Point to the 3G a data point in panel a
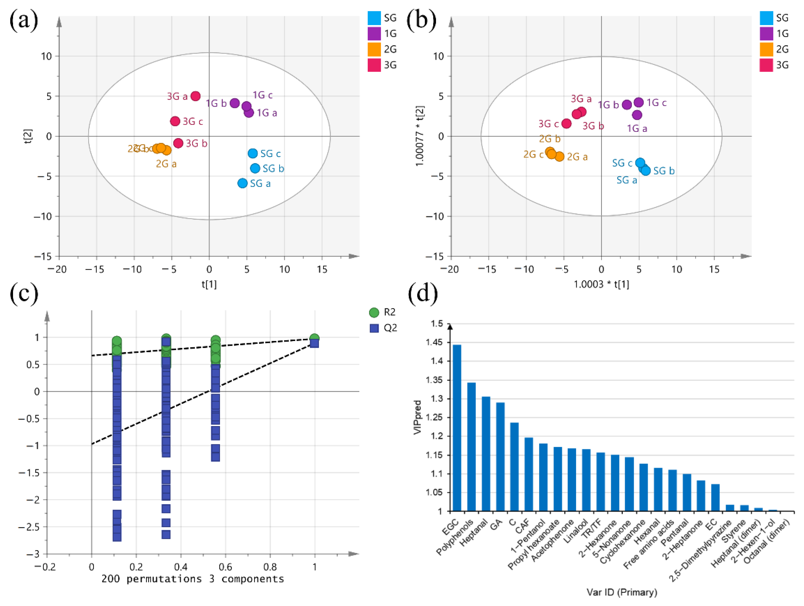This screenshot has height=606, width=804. click(x=195, y=96)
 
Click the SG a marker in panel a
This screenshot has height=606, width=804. click(x=242, y=183)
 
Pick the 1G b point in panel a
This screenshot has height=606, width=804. click(x=235, y=103)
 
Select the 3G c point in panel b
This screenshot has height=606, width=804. click(x=566, y=124)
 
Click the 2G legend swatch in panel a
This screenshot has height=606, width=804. click(x=374, y=49)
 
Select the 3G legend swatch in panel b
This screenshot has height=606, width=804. click(x=766, y=65)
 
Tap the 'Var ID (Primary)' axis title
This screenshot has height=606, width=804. click(x=622, y=592)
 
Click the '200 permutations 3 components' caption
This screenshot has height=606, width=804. click(x=193, y=579)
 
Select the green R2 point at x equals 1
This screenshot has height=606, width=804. click(x=314, y=339)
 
